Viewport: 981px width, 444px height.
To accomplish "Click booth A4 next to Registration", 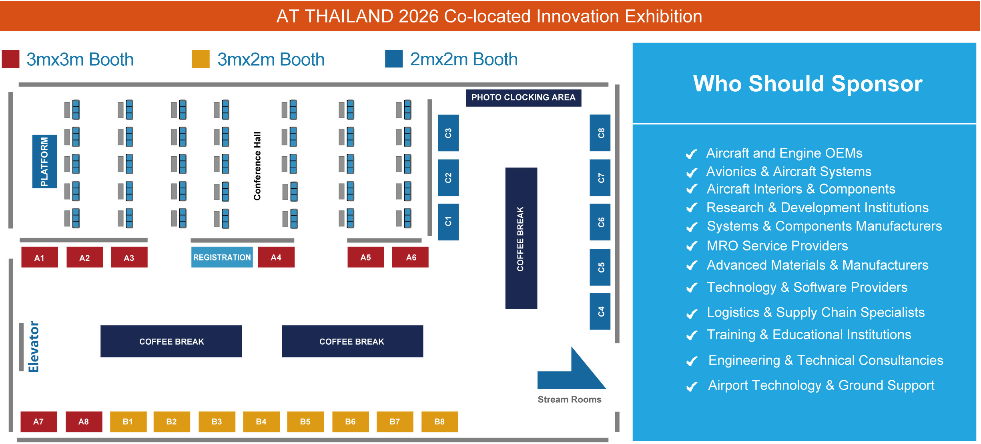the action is pyautogui.click(x=276, y=257).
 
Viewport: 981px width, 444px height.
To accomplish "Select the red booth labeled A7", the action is pyautogui.click(x=39, y=422).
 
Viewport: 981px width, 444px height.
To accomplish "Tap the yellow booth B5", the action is pyautogui.click(x=305, y=422).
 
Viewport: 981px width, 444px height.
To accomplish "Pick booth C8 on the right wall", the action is pyautogui.click(x=600, y=133).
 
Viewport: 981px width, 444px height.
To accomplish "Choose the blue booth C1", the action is pyautogui.click(x=448, y=222).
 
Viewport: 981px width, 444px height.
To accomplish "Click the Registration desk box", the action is pyautogui.click(x=222, y=257).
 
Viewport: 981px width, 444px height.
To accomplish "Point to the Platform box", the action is pyautogui.click(x=44, y=161).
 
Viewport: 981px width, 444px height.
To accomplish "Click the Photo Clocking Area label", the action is pyautogui.click(x=524, y=98).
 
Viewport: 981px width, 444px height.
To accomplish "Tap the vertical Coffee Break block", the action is pyautogui.click(x=521, y=238).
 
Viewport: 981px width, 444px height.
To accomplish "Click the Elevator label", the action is pyautogui.click(x=34, y=347).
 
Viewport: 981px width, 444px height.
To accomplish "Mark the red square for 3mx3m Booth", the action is pyautogui.click(x=11, y=59).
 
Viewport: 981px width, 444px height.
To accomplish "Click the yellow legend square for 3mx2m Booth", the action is pyautogui.click(x=201, y=59).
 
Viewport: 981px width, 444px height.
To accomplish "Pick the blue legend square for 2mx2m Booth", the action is pyautogui.click(x=394, y=59).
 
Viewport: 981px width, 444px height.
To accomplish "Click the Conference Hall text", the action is pyautogui.click(x=257, y=166).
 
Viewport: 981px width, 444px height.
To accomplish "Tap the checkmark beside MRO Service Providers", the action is pyautogui.click(x=692, y=246).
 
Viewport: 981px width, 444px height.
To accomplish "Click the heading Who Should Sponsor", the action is pyautogui.click(x=808, y=84).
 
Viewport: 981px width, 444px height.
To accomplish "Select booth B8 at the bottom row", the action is pyautogui.click(x=440, y=422).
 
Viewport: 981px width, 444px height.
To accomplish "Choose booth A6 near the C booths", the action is pyautogui.click(x=410, y=257).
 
